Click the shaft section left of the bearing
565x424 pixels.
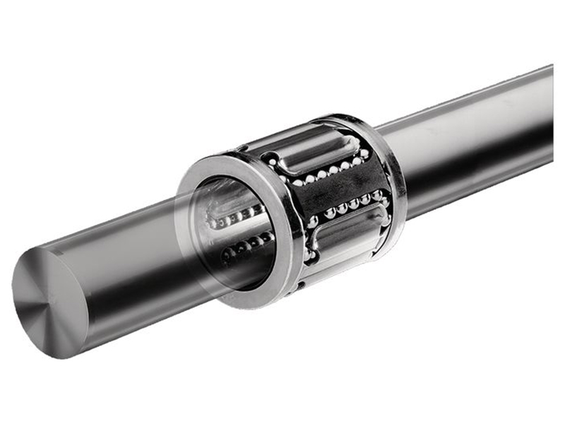pyautogui.click(x=127, y=269)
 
